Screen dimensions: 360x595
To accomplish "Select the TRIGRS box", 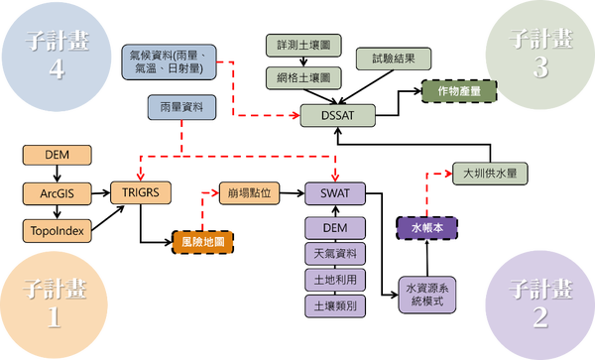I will click(x=141, y=190).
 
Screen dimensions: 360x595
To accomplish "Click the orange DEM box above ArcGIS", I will click(x=57, y=154).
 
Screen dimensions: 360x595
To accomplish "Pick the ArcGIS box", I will click(x=57, y=191).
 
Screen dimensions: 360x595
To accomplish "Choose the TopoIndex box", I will click(x=57, y=230).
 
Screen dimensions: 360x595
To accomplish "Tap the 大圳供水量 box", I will click(x=489, y=173).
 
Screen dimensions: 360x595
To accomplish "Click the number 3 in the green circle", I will click(x=539, y=68).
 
